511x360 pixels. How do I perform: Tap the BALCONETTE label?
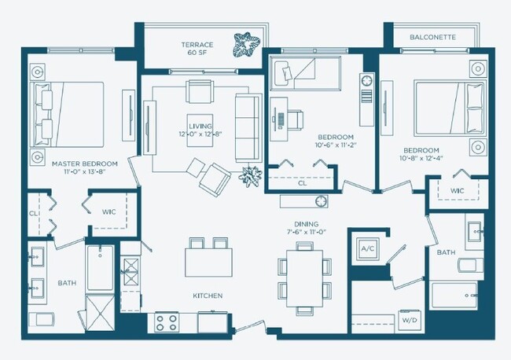(432, 37)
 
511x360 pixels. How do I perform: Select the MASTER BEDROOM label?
(85, 164)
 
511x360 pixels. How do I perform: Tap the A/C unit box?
(367, 249)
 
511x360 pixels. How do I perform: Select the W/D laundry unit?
(409, 321)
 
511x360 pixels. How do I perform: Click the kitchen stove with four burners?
(167, 321)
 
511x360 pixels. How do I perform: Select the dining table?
(303, 274)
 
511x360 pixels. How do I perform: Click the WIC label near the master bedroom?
(109, 211)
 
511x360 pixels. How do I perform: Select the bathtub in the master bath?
(100, 268)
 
